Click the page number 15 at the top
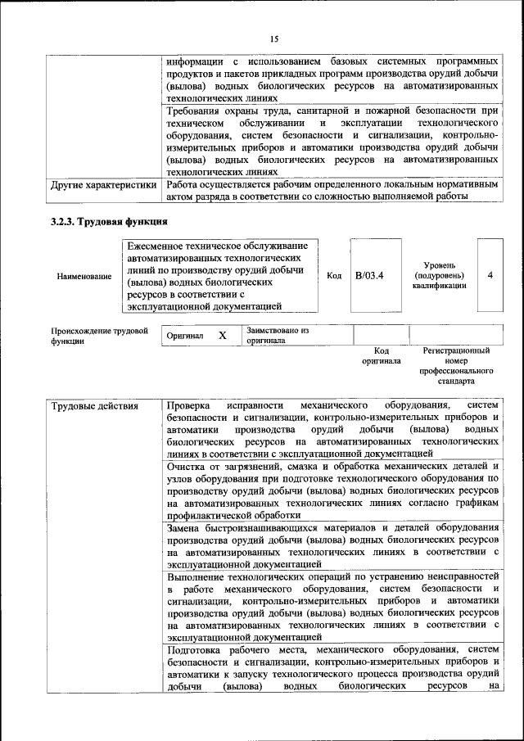tap(273, 38)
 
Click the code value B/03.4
tap(369, 276)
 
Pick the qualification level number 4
tap(490, 275)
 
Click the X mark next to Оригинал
tap(222, 336)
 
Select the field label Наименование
tap(84, 277)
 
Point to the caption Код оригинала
tap(382, 355)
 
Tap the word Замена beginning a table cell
tap(186, 526)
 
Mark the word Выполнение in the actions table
tap(198, 578)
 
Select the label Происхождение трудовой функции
tap(99, 337)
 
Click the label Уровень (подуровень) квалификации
tap(440, 276)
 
